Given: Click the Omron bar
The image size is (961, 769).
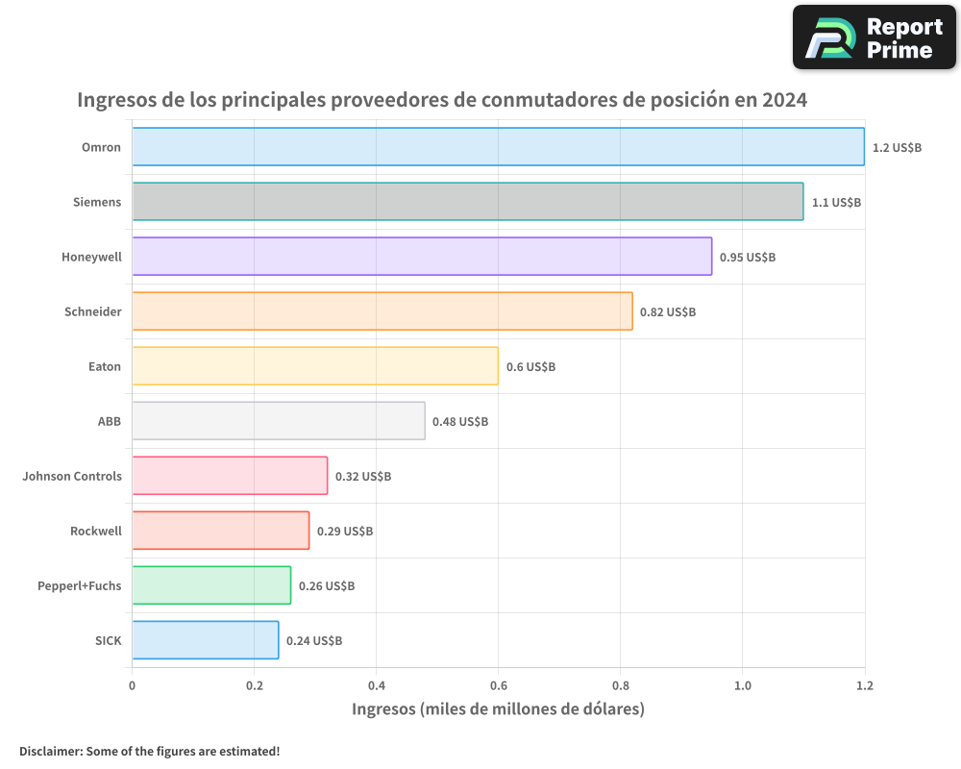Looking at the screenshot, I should pos(498,147).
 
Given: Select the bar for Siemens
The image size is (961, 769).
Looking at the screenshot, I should pos(467,202).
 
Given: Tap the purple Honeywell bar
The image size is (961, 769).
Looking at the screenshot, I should pos(422,257).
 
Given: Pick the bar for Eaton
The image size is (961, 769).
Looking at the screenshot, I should pos(315,366).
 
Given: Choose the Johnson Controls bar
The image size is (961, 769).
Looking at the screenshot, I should pos(230,476).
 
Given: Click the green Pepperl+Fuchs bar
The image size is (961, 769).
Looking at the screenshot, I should pos(211,585).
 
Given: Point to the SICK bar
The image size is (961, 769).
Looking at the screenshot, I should pos(206,640).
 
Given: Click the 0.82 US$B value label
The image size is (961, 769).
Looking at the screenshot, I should pos(668,312).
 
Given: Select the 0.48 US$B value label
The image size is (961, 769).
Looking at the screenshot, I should pos(460,422).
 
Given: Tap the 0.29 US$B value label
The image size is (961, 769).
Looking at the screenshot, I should pos(345,532).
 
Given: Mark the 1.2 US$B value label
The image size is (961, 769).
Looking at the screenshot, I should pos(897,148).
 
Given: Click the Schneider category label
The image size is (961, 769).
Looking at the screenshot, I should pos(93,311).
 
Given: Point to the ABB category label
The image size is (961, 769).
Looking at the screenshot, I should pos(110,421).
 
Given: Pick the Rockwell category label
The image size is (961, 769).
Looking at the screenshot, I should pos(96,531).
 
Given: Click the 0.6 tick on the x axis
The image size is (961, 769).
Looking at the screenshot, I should pos(498,686).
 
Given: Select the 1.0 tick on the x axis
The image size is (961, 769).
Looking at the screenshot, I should pos(742,686).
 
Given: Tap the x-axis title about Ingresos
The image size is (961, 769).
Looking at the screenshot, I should pos(498,709).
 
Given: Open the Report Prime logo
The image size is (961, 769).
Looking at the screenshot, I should pos(875,37).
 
